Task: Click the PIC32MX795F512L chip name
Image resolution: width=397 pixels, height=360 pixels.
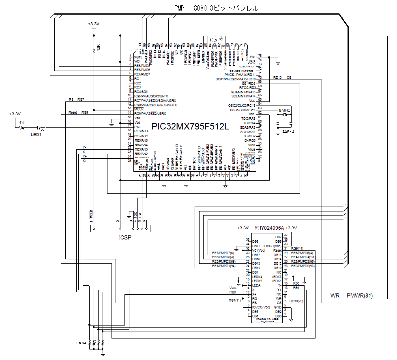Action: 190,126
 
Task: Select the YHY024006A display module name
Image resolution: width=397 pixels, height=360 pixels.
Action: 269,228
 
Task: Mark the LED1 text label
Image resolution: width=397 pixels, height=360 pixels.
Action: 36,134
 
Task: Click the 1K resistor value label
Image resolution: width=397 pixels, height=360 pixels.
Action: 22,123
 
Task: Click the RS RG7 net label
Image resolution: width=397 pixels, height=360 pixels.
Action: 76,99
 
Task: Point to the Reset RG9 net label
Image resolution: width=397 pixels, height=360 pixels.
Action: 78,112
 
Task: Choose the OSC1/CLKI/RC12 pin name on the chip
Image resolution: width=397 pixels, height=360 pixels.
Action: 242,110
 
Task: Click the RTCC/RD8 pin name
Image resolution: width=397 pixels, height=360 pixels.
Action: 247,88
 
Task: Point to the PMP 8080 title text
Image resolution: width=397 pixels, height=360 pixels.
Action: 216,8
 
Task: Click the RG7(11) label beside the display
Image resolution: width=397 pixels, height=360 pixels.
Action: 235,301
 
